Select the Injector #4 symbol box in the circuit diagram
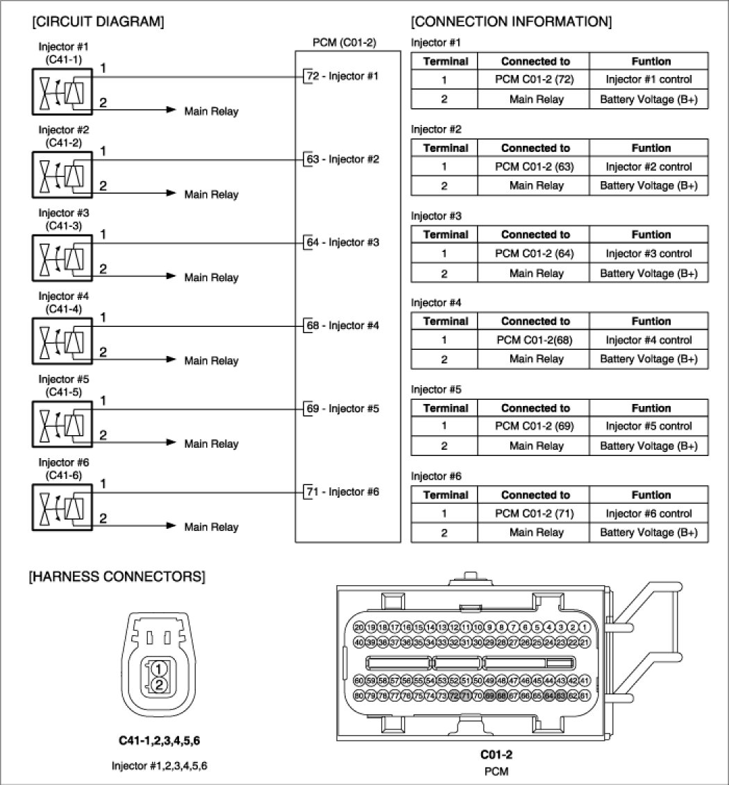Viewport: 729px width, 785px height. pos(62,340)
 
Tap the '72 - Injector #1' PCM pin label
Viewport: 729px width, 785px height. pos(342,76)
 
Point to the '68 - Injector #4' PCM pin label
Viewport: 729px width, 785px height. pos(342,326)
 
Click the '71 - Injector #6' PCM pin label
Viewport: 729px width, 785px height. pos(342,492)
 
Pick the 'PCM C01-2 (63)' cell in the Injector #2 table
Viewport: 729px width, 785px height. pos(535,167)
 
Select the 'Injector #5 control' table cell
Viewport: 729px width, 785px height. pos(648,426)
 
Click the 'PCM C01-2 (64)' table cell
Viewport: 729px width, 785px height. pos(535,254)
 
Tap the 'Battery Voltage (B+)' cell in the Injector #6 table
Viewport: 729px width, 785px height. pos(648,532)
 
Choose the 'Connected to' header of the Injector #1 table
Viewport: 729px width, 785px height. pos(535,61)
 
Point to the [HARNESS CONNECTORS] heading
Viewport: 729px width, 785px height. pos(117,577)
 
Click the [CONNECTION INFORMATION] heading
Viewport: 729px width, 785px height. pos(511,22)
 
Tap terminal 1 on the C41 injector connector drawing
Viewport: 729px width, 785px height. pos(159,669)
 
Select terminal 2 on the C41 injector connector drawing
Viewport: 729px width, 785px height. pos(159,685)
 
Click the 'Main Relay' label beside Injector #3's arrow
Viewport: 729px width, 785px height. pos(211,278)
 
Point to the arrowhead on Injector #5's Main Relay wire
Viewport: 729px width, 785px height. pos(172,441)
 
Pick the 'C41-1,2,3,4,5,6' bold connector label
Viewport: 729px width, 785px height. pos(159,741)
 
